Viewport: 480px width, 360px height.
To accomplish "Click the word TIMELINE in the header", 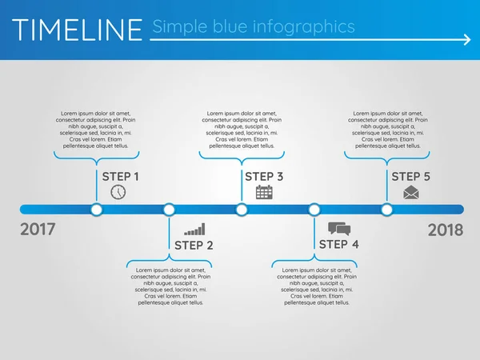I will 78,30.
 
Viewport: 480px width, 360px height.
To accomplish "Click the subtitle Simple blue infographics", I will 253,26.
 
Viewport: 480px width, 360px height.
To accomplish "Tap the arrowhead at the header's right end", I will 466,38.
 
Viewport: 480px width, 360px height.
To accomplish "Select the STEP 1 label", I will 121,176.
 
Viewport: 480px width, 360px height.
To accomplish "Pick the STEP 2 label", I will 194,245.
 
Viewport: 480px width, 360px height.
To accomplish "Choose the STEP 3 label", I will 264,176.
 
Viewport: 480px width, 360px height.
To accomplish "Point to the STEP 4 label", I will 339,244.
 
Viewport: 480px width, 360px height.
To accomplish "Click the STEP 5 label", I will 411,176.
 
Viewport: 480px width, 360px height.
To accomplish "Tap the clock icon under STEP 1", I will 118,192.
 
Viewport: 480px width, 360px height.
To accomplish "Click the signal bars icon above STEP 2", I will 194,229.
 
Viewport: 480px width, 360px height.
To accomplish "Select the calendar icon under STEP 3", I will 264,192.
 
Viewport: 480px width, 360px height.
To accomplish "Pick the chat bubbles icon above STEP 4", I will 339,229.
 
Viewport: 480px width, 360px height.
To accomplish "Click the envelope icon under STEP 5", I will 411,192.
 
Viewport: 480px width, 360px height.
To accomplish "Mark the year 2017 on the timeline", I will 38,230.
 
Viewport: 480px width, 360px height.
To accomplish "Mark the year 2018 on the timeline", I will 446,230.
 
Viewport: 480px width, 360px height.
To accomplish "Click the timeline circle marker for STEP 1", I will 97,210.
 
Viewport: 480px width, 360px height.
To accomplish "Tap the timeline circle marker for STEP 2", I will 169,210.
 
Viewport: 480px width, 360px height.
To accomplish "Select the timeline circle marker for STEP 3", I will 242,210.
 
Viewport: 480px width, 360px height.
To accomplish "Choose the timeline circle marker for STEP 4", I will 314,210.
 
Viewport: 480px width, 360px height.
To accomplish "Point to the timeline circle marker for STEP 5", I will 387,210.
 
